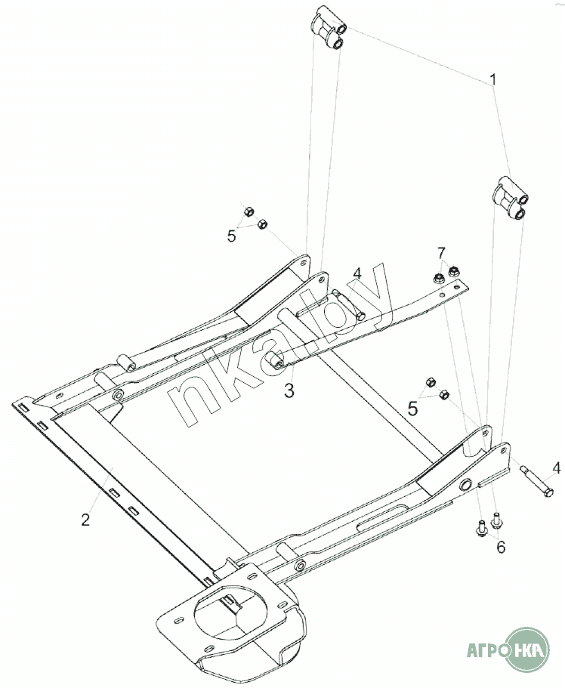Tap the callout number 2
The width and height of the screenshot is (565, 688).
tap(86, 519)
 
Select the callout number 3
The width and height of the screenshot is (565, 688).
tap(289, 390)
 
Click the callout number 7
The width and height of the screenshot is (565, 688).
tap(441, 251)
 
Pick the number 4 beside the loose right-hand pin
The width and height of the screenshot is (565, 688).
tap(556, 468)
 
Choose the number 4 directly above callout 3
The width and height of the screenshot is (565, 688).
tap(357, 273)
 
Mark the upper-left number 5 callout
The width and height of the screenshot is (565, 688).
tap(232, 236)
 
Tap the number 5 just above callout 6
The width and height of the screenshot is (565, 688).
tap(412, 409)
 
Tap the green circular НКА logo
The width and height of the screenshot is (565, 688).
tap(526, 649)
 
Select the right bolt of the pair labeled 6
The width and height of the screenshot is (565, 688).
tap(497, 520)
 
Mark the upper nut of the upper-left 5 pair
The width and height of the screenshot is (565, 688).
tap(249, 211)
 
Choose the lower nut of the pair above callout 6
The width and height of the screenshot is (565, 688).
tap(444, 394)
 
